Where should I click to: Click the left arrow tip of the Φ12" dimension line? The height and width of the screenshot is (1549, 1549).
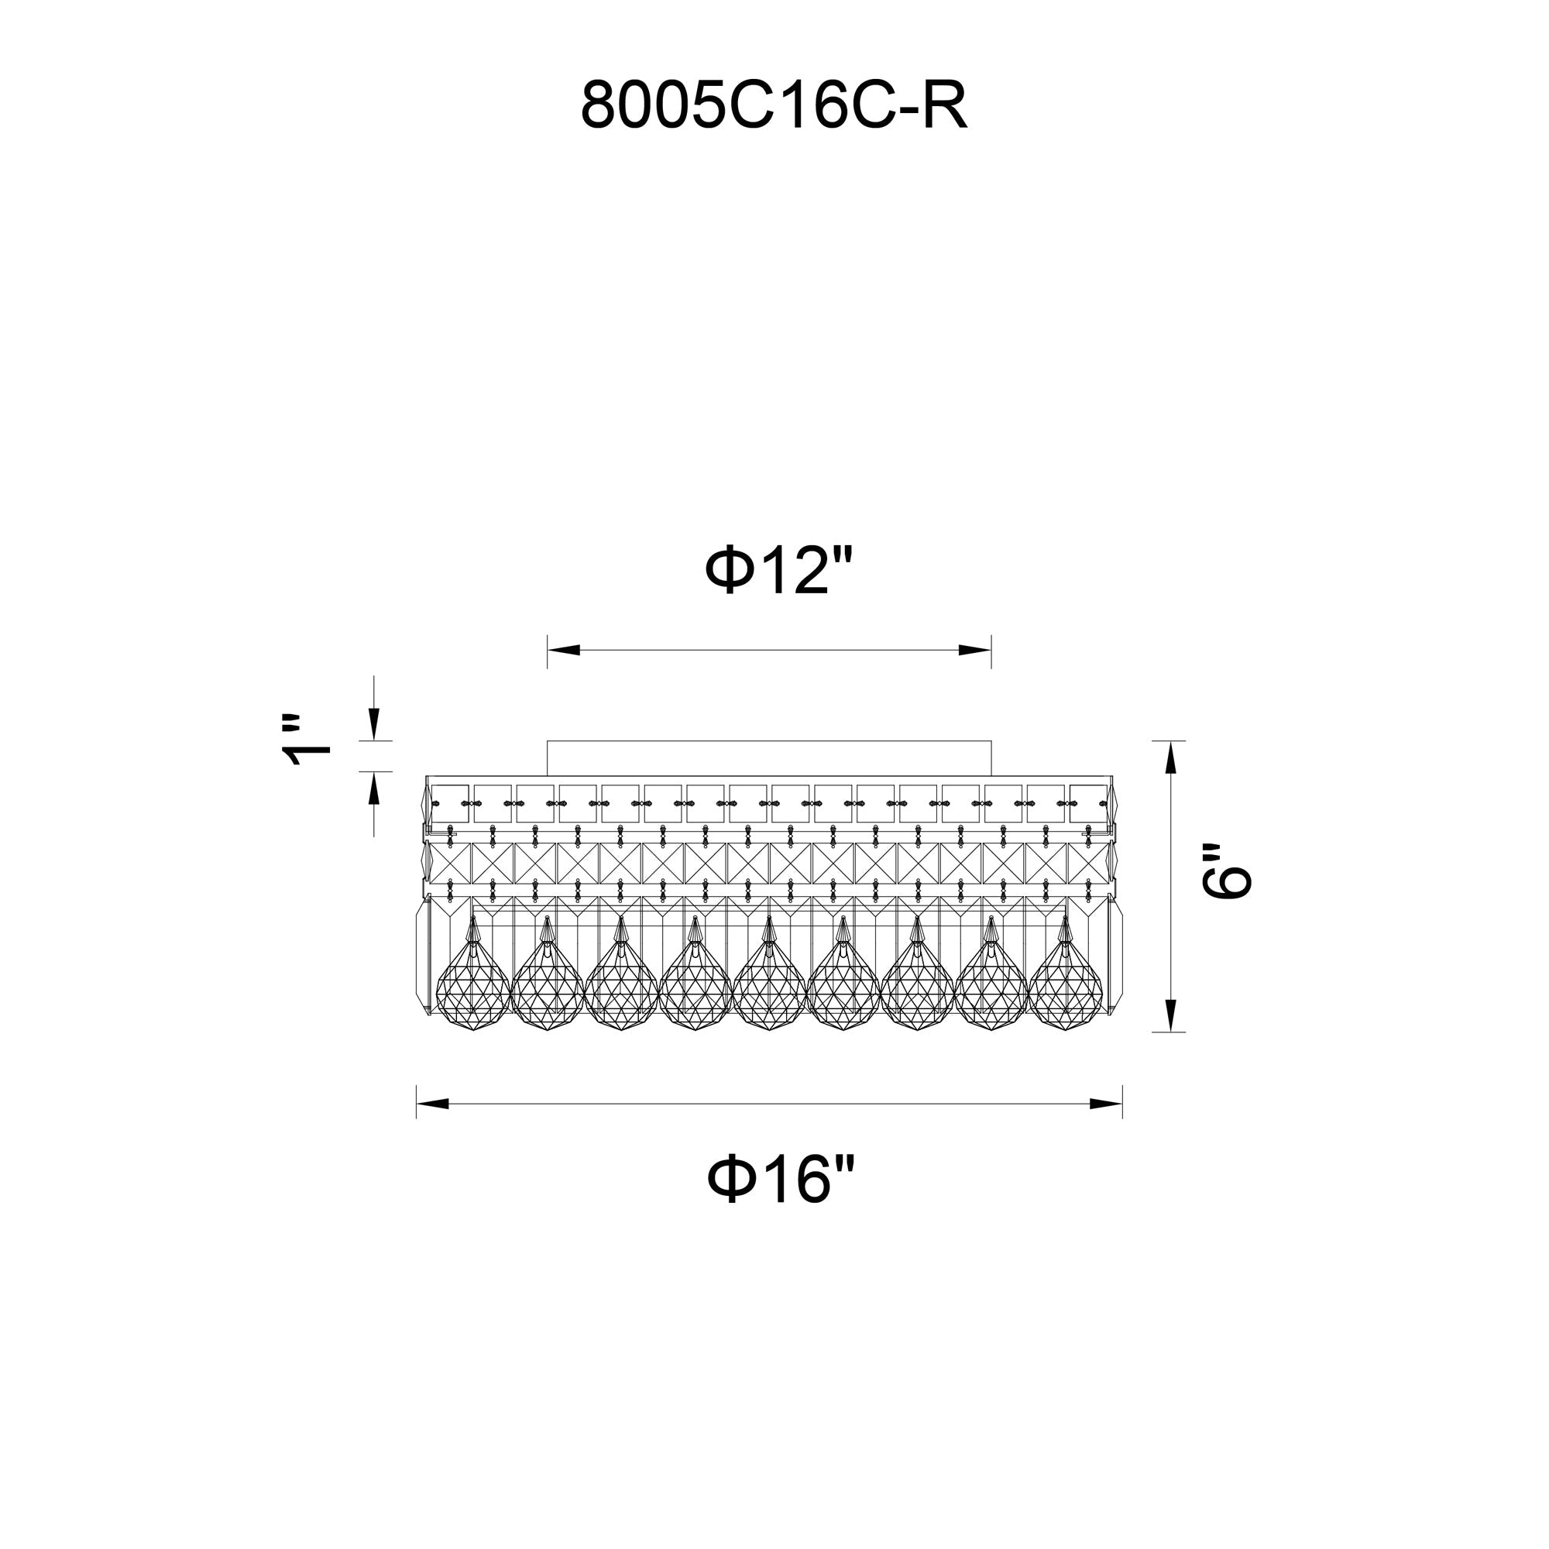coord(548,651)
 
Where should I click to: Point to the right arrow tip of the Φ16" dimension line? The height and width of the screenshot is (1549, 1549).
coord(1121,1104)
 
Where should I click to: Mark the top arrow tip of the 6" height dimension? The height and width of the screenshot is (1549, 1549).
coord(1169,742)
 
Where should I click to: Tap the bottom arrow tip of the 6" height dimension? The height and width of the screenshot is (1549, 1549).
coord(1169,1031)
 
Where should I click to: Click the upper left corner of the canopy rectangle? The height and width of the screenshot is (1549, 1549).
coord(548,742)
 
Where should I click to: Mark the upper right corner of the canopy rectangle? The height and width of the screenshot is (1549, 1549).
coord(991,742)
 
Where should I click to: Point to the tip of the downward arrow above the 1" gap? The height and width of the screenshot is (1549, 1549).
coord(373,740)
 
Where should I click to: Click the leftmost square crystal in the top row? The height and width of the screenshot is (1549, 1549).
coord(450,803)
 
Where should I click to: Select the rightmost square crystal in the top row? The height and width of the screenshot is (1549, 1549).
coord(1089,803)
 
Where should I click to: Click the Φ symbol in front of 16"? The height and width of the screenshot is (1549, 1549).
coord(730,1179)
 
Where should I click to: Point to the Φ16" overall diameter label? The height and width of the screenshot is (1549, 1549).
coord(781,1179)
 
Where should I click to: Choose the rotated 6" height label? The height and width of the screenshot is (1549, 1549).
coord(1226,871)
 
